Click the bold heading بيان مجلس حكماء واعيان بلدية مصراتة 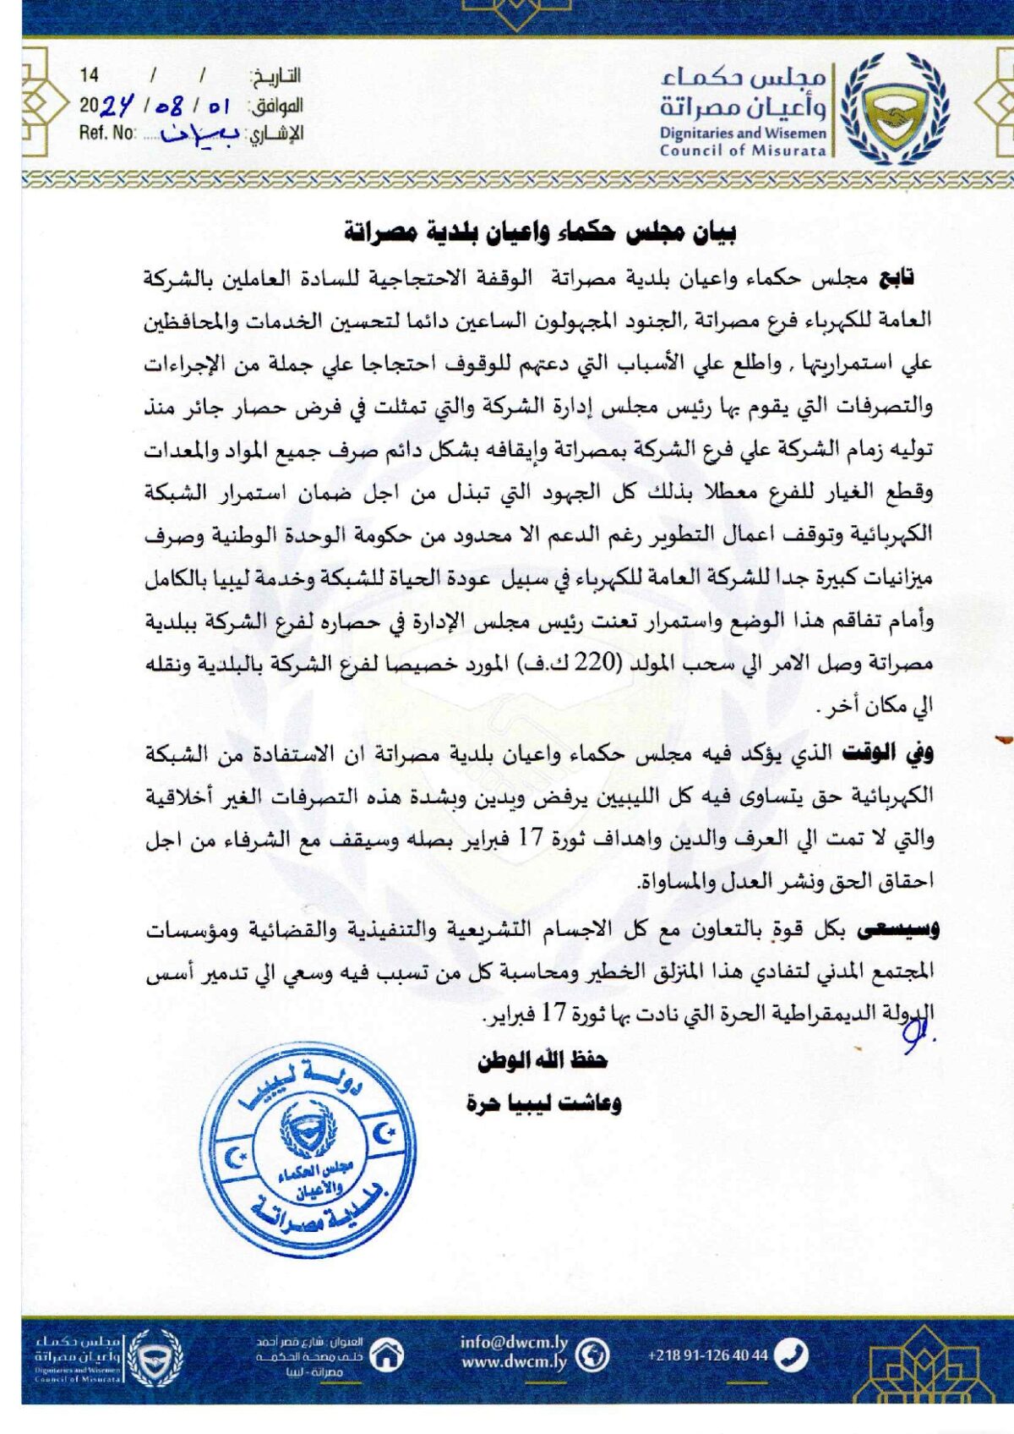[540, 231]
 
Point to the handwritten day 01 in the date [218, 107]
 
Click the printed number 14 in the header [89, 76]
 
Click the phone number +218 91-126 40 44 [708, 1355]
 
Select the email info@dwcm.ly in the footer [514, 1343]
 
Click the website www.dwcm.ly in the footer [514, 1362]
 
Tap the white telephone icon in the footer [791, 1355]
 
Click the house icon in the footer [387, 1355]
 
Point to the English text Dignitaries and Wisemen [743, 133]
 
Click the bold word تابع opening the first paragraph [897, 278]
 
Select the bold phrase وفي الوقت [887, 753]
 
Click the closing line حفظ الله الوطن [543, 1059]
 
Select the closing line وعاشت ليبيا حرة [543, 1103]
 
